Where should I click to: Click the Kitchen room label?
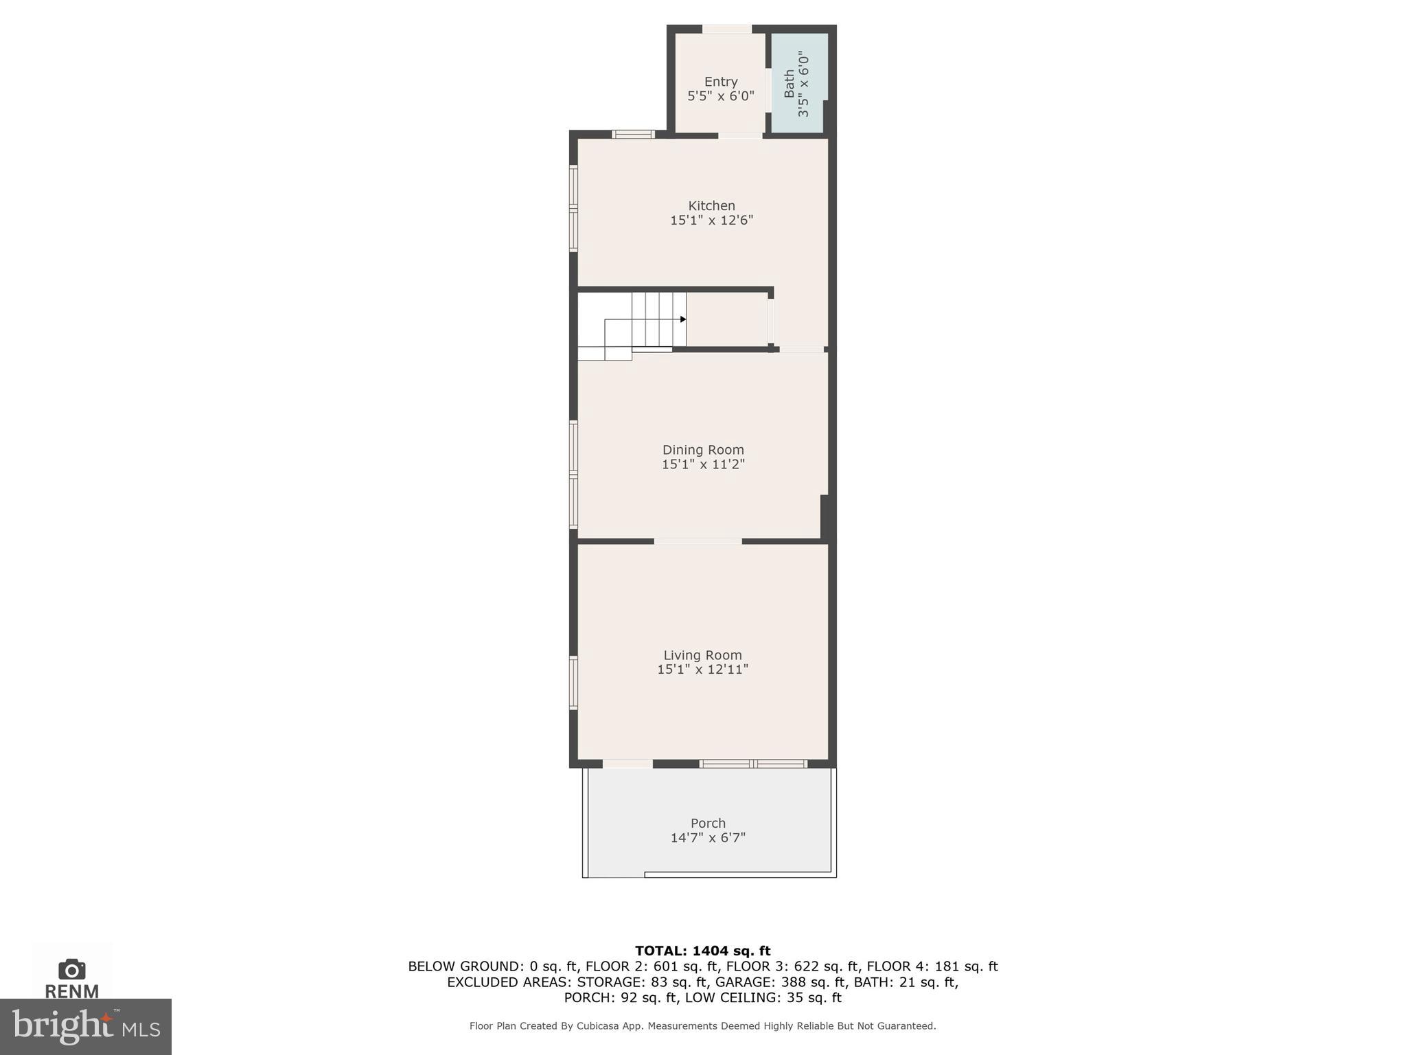pyautogui.click(x=711, y=205)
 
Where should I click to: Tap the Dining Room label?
pyautogui.click(x=703, y=450)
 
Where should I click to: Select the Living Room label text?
pyautogui.click(x=702, y=655)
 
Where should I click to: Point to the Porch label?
pyautogui.click(x=708, y=823)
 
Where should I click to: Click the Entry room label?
pyautogui.click(x=721, y=82)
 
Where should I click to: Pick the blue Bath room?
pyautogui.click(x=798, y=83)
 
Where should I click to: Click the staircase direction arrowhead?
pyautogui.click(x=683, y=319)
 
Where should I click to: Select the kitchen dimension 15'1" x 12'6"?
pyautogui.click(x=711, y=220)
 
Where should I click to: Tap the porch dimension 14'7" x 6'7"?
pyautogui.click(x=708, y=838)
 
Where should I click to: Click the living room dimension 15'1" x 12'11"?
pyautogui.click(x=702, y=670)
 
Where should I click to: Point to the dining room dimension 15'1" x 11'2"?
pyautogui.click(x=703, y=464)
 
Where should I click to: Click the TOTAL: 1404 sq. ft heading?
pyautogui.click(x=702, y=951)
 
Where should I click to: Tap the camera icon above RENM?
pyautogui.click(x=71, y=969)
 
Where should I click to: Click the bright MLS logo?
pyautogui.click(x=85, y=1026)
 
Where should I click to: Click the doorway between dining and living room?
pyautogui.click(x=698, y=541)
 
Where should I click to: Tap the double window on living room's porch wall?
pyautogui.click(x=753, y=764)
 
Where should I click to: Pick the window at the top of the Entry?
pyautogui.click(x=726, y=29)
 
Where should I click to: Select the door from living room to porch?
pyautogui.click(x=627, y=764)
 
